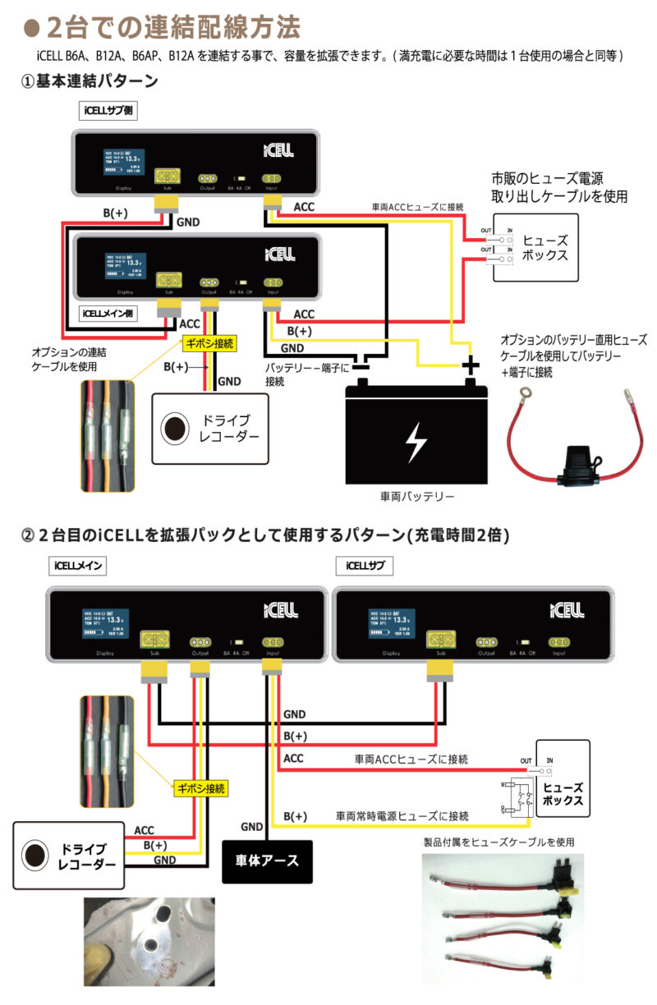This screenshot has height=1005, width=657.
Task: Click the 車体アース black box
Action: click(x=268, y=860)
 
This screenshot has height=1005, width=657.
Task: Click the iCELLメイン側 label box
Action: click(x=108, y=313)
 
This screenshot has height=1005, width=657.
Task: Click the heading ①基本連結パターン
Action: click(x=89, y=81)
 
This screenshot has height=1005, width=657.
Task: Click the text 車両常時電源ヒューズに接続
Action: click(x=402, y=816)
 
